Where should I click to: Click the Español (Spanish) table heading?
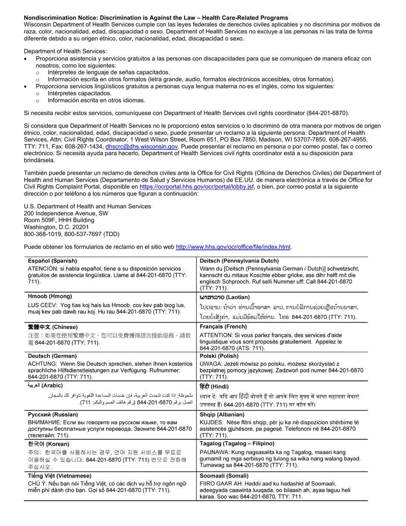[x=53, y=261]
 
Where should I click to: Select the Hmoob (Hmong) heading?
[x=50, y=296]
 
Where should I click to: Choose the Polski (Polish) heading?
[x=219, y=356]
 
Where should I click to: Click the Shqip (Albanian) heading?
[x=222, y=414]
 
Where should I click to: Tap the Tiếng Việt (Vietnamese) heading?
[x=59, y=476]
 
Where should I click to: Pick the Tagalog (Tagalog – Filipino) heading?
[x=237, y=443]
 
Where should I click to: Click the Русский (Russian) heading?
[x=53, y=414]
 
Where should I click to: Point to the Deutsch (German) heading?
[x=52, y=356]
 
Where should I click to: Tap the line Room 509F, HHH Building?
[x=59, y=220]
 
